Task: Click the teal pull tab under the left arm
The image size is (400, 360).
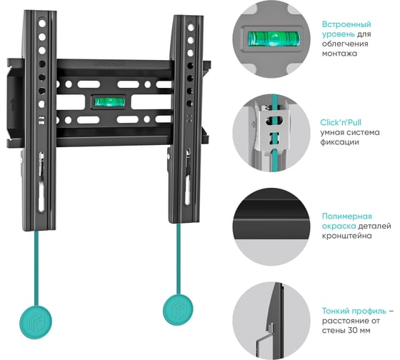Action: [36, 322]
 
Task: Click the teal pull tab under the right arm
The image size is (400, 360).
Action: [178, 310]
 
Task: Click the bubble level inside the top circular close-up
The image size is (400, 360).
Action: [272, 39]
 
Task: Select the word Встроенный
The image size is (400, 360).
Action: [346, 24]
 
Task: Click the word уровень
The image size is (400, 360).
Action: [338, 34]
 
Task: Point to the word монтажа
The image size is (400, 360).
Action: [339, 54]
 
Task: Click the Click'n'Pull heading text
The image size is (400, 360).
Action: [341, 122]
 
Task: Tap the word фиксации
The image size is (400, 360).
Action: [339, 142]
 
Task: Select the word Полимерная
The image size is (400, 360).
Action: [347, 216]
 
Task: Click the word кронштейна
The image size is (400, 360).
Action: [346, 236]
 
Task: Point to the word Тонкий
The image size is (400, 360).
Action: [336, 311]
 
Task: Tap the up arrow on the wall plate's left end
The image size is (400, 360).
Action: [13, 104]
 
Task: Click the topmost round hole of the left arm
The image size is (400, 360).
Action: [42, 24]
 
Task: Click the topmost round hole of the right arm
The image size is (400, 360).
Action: [191, 27]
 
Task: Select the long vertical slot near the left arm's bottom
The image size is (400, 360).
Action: [41, 196]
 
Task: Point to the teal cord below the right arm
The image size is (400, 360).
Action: [178, 259]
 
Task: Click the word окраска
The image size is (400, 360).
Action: [339, 226]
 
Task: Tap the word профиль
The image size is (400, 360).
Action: [369, 311]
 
